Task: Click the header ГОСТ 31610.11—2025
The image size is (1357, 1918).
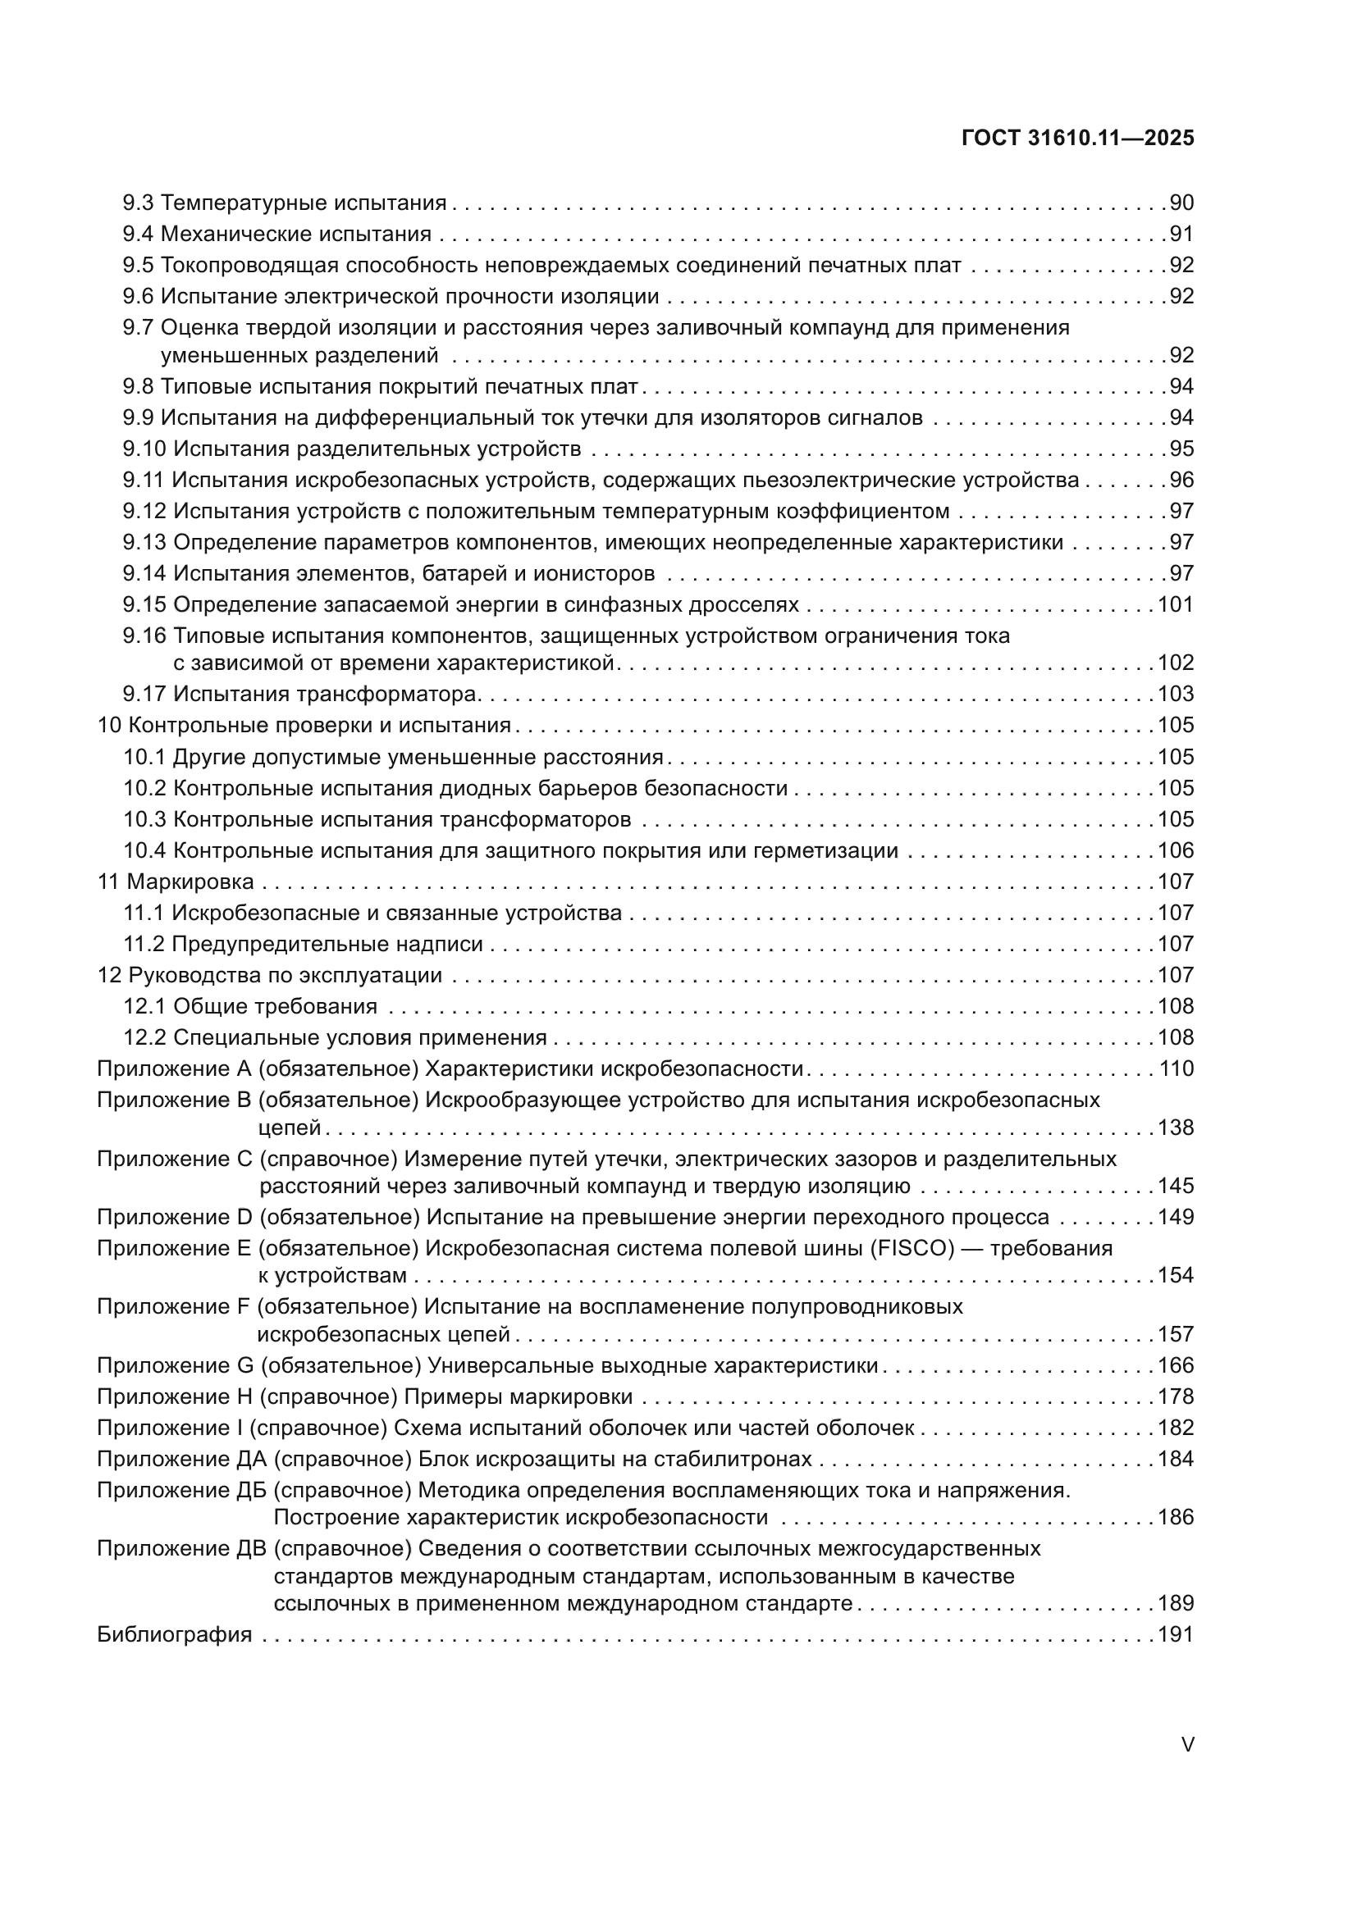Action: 1077,138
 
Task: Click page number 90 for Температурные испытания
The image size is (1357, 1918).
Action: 1181,203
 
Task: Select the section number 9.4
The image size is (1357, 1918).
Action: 138,234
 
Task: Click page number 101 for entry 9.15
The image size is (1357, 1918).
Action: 1176,605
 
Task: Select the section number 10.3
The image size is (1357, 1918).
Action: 145,819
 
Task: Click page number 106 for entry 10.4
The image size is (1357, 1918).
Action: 1176,850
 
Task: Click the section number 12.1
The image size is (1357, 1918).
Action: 145,1007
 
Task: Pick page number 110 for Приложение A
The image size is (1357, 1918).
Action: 1176,1069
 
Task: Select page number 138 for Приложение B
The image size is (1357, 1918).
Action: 1176,1128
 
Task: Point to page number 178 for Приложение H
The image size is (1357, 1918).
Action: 1176,1396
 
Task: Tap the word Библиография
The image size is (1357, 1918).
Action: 175,1635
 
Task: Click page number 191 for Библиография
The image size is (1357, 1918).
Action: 1176,1635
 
